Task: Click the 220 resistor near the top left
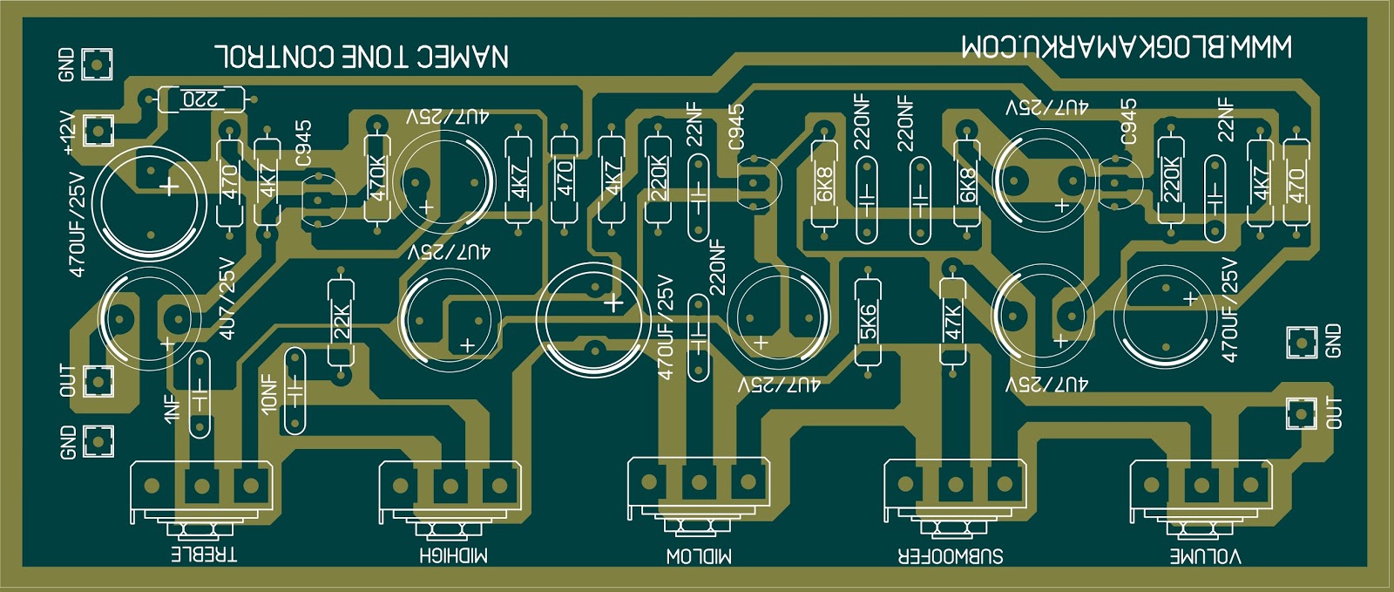coord(201,99)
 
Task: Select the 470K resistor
coord(377,178)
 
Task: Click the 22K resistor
coord(341,323)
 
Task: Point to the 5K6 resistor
coord(867,323)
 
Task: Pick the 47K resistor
coord(952,323)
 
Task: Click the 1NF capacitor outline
coord(200,394)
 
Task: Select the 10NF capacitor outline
coord(294,391)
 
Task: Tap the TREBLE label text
coord(202,555)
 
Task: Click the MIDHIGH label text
coord(453,555)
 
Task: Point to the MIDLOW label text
coord(699,555)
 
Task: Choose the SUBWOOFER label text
coord(951,555)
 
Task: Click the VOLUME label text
coord(1205,555)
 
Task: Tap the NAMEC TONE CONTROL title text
coord(362,57)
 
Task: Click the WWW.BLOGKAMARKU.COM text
coord(1127,47)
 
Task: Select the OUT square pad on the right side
coord(1301,413)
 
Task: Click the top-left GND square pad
coord(97,63)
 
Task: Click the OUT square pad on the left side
coord(98,380)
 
